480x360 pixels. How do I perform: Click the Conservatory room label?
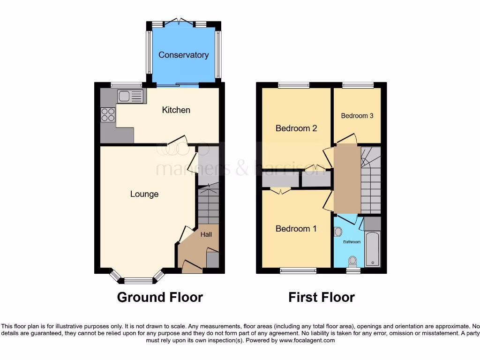(x=183, y=55)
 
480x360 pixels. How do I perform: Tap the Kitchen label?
(x=176, y=110)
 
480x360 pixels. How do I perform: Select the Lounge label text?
(x=144, y=194)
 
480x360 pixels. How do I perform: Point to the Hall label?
(x=206, y=234)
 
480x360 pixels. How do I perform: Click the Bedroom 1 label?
(x=296, y=229)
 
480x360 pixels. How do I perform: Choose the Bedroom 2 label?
(x=296, y=128)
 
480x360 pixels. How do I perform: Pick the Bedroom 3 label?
(x=357, y=116)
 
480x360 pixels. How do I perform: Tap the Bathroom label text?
(x=352, y=242)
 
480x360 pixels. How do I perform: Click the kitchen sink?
(x=130, y=97)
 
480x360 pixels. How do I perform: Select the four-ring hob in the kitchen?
(x=108, y=115)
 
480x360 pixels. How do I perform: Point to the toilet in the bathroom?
(x=352, y=261)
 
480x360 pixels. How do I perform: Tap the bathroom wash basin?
(x=338, y=232)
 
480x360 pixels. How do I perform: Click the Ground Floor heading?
(x=160, y=297)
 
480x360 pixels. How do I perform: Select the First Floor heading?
(x=322, y=297)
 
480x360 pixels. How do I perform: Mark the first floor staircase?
(x=370, y=185)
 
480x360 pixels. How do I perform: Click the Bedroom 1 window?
(x=298, y=270)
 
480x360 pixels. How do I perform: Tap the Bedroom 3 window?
(x=358, y=85)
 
